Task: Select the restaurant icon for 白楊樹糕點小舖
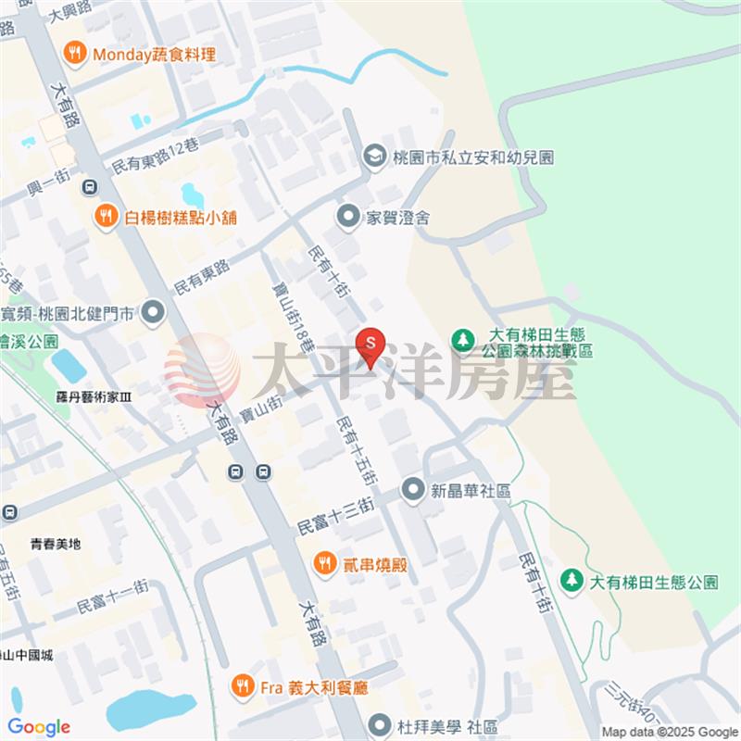[106, 218]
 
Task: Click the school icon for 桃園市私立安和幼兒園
[375, 157]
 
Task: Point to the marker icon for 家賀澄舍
[348, 218]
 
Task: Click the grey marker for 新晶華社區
[412, 489]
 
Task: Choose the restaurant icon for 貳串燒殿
[324, 562]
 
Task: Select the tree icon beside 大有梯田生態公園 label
[571, 582]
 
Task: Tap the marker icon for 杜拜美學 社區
[378, 723]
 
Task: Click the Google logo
[39, 726]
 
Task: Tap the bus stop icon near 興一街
[89, 187]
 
